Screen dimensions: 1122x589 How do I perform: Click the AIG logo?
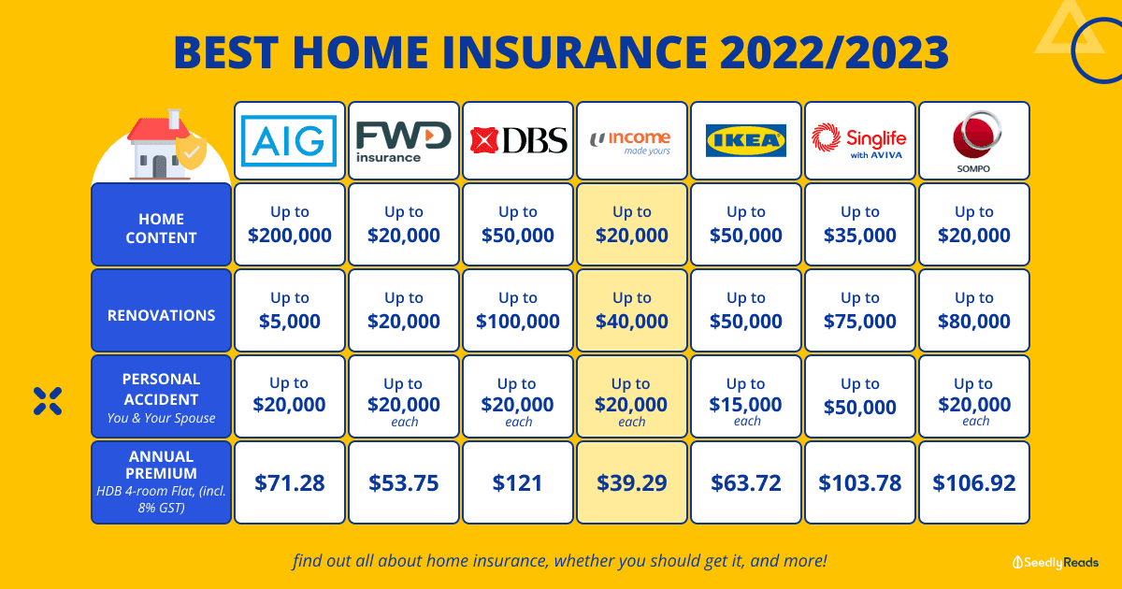click(289, 141)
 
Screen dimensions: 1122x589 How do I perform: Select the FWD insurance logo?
click(403, 142)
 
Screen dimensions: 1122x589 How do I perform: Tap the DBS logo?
click(518, 140)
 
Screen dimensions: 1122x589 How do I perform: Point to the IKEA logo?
click(746, 141)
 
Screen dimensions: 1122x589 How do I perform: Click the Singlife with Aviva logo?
click(859, 141)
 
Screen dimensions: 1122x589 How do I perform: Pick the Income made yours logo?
click(630, 142)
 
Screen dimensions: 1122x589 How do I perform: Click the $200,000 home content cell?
click(290, 223)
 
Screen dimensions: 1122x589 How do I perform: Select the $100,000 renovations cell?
click(518, 310)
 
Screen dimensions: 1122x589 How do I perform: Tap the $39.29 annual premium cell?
click(632, 482)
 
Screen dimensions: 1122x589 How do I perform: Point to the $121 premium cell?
click(518, 482)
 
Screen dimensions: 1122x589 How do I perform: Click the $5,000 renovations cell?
click(290, 310)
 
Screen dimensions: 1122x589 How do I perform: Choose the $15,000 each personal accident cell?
click(746, 396)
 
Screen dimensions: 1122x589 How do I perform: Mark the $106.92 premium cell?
click(974, 482)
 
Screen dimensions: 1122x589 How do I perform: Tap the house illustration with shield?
click(166, 144)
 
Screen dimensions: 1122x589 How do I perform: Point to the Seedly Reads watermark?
click(1056, 563)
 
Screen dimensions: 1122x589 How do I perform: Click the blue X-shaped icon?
click(48, 401)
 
